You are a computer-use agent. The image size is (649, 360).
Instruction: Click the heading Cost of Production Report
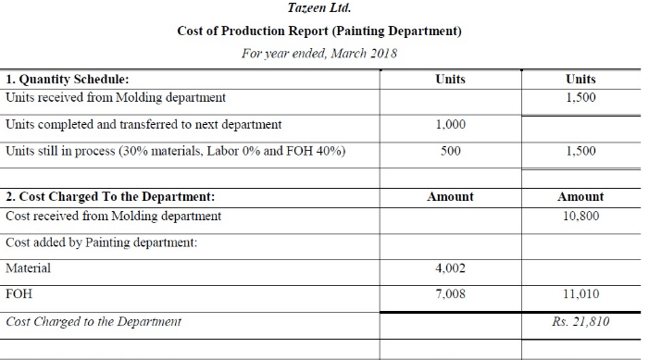[x=319, y=31]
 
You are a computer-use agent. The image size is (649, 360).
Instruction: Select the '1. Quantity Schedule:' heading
[x=68, y=80]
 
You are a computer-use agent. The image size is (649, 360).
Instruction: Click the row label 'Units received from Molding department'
[x=116, y=97]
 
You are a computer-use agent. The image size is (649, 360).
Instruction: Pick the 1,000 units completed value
[x=450, y=124]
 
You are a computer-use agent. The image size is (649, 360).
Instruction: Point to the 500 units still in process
[x=450, y=151]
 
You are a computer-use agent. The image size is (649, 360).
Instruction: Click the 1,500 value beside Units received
[x=580, y=97]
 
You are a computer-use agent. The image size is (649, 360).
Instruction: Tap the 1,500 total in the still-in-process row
[x=580, y=151]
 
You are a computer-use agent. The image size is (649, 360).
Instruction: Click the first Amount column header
[x=450, y=197]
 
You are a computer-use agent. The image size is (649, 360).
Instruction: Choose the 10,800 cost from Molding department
[x=580, y=216]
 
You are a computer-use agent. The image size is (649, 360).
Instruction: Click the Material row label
[x=29, y=268]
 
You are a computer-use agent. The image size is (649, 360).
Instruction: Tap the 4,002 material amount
[x=450, y=268]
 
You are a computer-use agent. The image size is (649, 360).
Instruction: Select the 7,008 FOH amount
[x=450, y=295]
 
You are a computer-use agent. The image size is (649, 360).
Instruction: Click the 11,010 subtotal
[x=580, y=295]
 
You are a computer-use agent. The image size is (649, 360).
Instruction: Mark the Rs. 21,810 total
[x=580, y=322]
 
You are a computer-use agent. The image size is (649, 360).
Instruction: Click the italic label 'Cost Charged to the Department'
[x=94, y=322]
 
